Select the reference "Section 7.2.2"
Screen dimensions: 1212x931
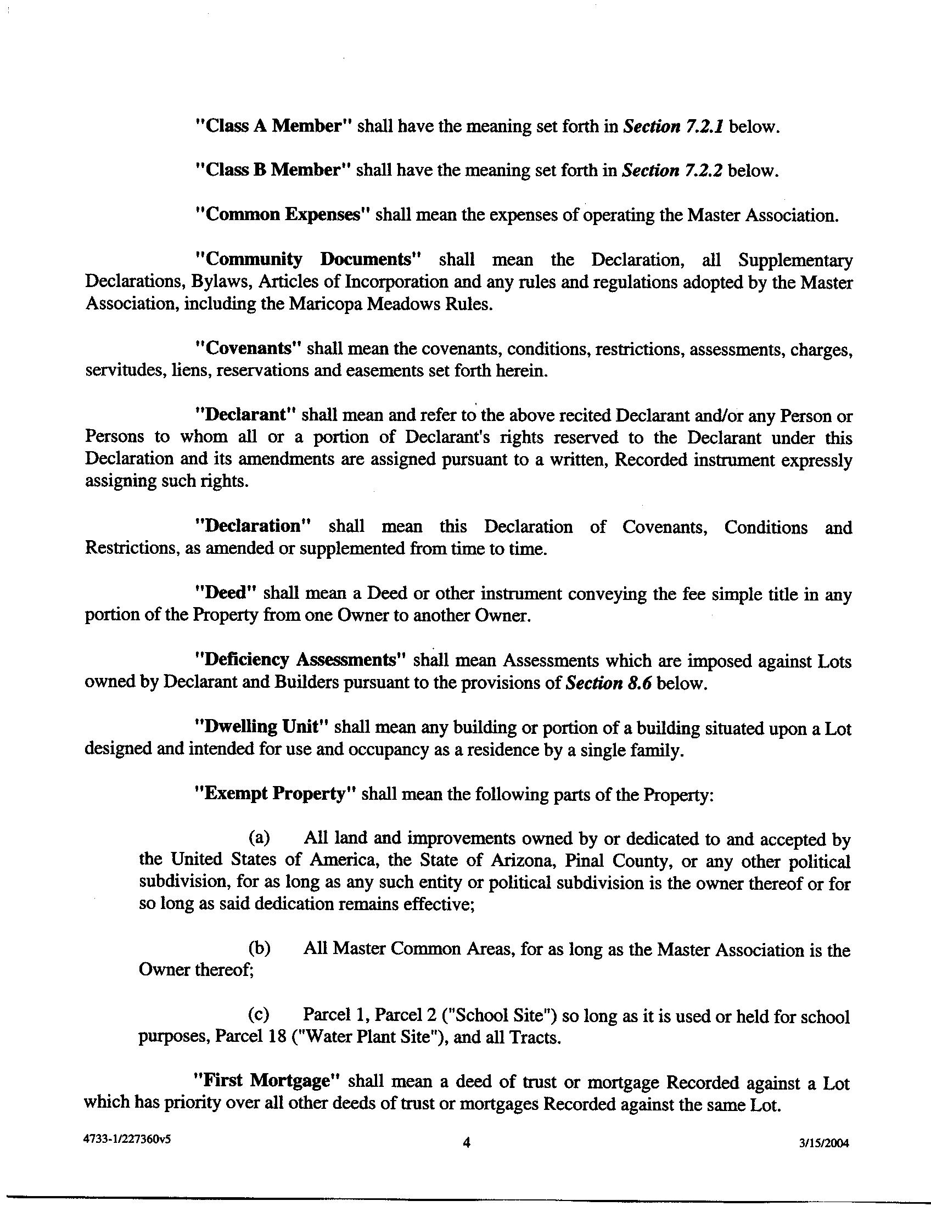pos(672,170)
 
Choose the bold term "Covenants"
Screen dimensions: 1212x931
pos(248,349)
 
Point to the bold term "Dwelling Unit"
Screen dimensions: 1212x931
pos(263,727)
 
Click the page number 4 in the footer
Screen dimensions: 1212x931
pos(466,1142)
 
